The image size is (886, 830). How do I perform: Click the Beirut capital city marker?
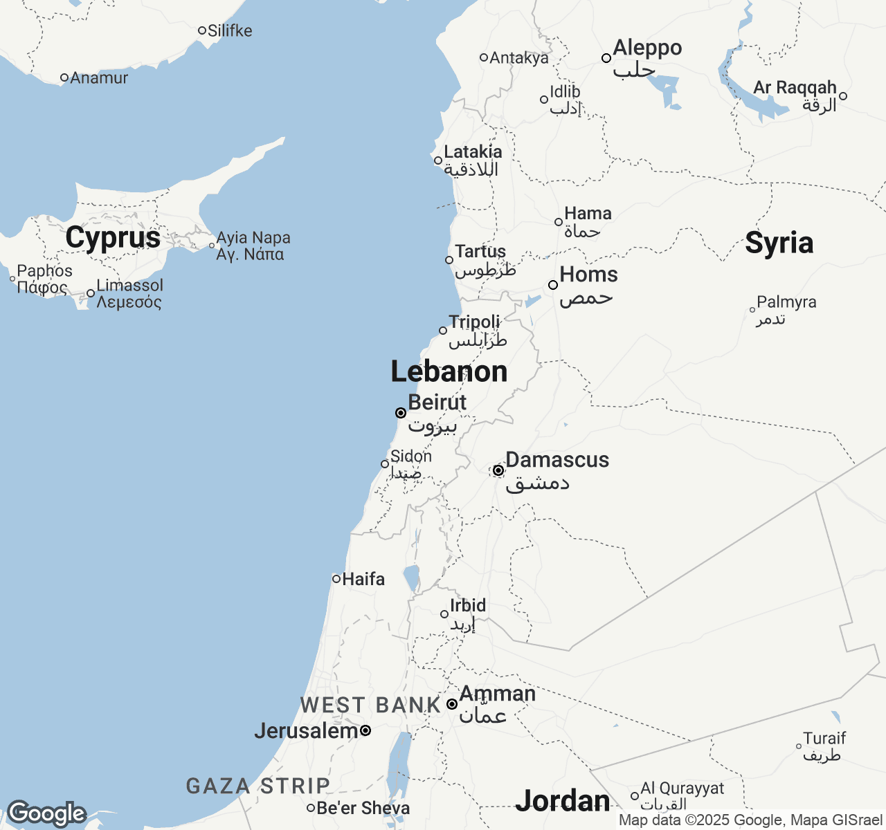click(x=400, y=413)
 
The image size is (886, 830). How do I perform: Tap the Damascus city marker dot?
click(x=498, y=470)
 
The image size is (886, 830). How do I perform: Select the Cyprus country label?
click(x=113, y=238)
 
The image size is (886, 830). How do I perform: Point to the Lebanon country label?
click(x=449, y=371)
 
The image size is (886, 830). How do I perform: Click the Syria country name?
click(x=779, y=243)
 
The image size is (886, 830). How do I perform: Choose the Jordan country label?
click(x=563, y=800)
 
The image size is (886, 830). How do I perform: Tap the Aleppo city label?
click(x=647, y=48)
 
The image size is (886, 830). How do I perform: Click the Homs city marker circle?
click(x=553, y=285)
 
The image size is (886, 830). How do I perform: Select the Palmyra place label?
click(x=786, y=302)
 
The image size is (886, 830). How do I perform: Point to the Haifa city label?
click(x=363, y=579)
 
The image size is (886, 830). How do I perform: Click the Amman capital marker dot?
click(x=451, y=704)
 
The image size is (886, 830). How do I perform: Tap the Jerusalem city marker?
click(x=365, y=730)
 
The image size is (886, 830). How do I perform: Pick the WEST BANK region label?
click(x=370, y=705)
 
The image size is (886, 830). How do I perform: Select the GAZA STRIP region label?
click(x=258, y=786)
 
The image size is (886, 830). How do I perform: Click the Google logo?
click(x=46, y=814)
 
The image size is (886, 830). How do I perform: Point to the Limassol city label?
click(x=130, y=285)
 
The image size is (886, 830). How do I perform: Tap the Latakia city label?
click(x=473, y=152)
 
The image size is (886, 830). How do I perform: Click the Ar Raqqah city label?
click(x=795, y=88)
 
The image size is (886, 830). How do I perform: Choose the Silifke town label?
click(x=230, y=30)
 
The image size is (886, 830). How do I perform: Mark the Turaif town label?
click(x=824, y=738)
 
